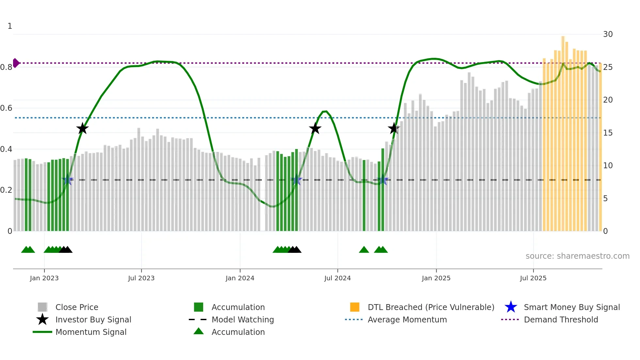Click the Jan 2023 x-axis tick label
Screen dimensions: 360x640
pyautogui.click(x=44, y=278)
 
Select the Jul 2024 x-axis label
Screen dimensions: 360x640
pyautogui.click(x=337, y=278)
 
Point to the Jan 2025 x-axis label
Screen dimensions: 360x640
pyautogui.click(x=436, y=278)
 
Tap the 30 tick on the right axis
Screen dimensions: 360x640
pyautogui.click(x=608, y=34)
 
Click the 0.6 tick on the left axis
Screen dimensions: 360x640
pyautogui.click(x=6, y=108)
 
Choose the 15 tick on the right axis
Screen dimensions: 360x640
pyautogui.click(x=608, y=133)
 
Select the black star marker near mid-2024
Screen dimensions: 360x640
pyautogui.click(x=315, y=129)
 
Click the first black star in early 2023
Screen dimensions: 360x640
pyautogui.click(x=82, y=129)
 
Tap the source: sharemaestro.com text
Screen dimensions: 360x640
pyautogui.click(x=577, y=256)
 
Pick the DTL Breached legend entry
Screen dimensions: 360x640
pyautogui.click(x=431, y=307)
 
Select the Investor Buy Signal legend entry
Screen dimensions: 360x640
pyautogui.click(x=93, y=320)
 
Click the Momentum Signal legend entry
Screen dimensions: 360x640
pyautogui.click(x=91, y=332)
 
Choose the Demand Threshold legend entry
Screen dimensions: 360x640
pyautogui.click(x=561, y=320)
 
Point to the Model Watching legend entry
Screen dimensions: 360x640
pyautogui.click(x=243, y=320)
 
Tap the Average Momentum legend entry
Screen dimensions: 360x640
pyautogui.click(x=407, y=320)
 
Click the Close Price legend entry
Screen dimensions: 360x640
pyautogui.click(x=77, y=307)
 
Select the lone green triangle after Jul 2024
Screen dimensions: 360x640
pyautogui.click(x=364, y=250)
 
